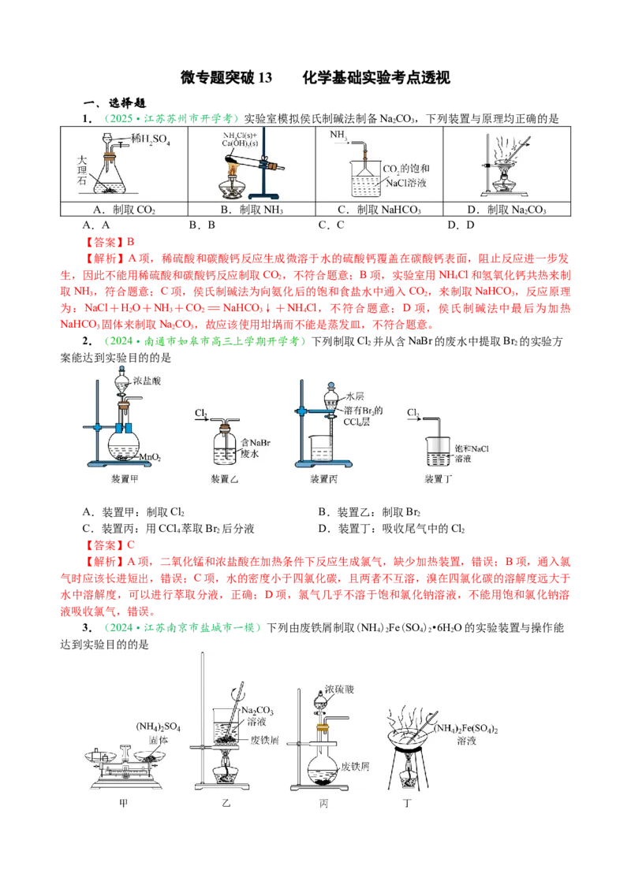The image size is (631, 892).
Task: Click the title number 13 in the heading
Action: coord(265,77)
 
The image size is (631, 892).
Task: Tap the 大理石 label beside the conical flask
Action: coord(82,170)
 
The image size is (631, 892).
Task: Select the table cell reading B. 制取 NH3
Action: coord(252,210)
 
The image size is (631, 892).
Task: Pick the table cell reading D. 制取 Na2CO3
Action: coord(507,210)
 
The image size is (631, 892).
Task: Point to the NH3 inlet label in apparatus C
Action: coord(338,135)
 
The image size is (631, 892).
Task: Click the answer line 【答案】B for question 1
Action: coord(109,242)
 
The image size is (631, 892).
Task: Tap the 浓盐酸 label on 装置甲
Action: coord(147,380)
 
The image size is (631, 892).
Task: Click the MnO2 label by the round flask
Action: coord(150,457)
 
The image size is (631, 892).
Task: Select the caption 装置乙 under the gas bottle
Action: coord(224,479)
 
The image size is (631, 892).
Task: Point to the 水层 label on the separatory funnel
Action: coord(355,396)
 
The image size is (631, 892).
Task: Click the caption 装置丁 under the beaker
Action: coord(438,479)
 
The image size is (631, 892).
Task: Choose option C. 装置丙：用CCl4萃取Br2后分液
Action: coord(169,529)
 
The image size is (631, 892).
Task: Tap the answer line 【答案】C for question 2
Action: coord(110,545)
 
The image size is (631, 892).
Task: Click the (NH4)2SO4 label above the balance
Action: coord(159,727)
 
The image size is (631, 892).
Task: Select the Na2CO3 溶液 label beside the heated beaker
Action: coord(257,715)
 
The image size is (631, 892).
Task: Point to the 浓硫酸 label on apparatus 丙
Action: coord(339,689)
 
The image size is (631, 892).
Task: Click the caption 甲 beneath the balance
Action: coord(124,803)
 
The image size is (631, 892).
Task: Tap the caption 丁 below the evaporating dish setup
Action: coord(407,803)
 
